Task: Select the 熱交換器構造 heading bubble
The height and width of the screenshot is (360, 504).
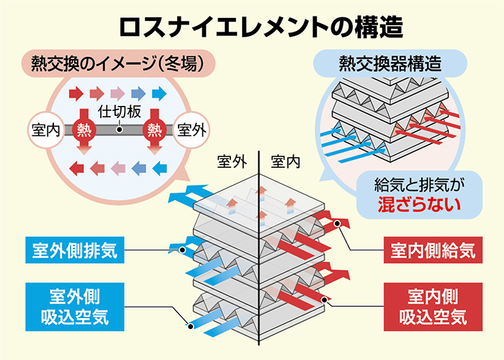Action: [390, 63]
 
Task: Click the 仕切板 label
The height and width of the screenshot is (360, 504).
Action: [118, 111]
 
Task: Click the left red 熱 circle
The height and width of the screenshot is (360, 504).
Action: [84, 130]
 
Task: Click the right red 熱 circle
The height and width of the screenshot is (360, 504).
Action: [153, 130]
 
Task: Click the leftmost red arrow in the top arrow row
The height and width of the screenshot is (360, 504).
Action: [75, 93]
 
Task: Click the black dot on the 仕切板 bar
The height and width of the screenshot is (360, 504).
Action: [118, 131]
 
